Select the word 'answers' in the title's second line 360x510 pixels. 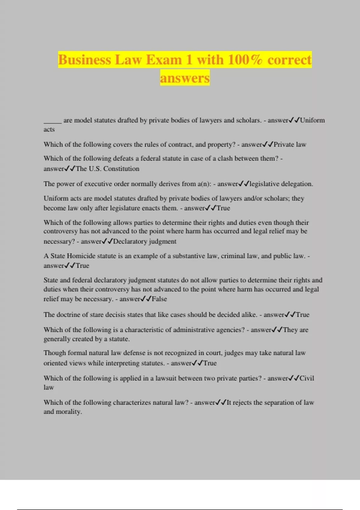(185, 78)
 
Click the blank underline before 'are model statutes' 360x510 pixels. (52, 121)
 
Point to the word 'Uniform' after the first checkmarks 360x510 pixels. (312, 120)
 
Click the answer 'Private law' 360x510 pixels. (290, 145)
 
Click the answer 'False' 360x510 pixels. (159, 299)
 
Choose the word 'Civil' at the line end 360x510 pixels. (307, 378)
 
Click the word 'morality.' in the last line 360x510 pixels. (71, 412)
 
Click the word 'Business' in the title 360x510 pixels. (85, 60)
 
